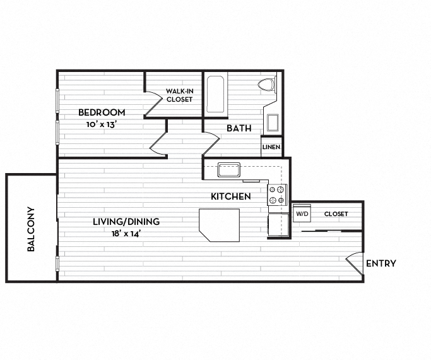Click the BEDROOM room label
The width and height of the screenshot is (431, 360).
[x=102, y=112]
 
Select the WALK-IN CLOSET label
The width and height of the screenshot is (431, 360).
[x=179, y=95]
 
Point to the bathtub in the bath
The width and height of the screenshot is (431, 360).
[x=215, y=94]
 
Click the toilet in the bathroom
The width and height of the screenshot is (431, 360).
[x=267, y=84]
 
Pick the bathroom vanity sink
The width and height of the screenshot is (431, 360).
[x=273, y=123]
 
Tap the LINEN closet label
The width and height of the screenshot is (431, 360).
[x=271, y=147]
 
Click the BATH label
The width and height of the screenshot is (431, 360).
[x=239, y=128]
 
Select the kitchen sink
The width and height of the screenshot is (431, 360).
[x=229, y=170]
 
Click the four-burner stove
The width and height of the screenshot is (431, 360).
[x=277, y=195]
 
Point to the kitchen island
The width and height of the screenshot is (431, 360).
[x=220, y=225]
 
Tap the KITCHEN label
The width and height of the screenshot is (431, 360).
[x=231, y=196]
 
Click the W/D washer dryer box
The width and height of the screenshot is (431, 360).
[x=302, y=213]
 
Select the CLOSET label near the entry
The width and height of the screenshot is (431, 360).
[x=336, y=213]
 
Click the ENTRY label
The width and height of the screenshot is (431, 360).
[x=381, y=263]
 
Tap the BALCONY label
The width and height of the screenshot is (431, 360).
[x=31, y=229]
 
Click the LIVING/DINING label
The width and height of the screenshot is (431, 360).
[x=126, y=222]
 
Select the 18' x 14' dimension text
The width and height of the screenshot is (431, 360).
[x=126, y=234]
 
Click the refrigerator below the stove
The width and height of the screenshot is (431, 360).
[x=278, y=225]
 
